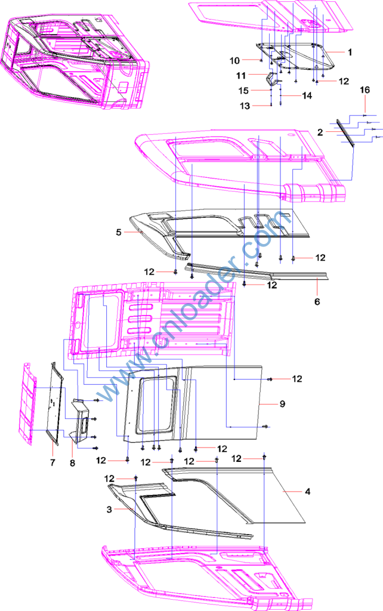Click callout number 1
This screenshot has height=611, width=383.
[350, 53]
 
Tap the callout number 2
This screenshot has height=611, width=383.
[320, 132]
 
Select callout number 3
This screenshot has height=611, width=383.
[109, 510]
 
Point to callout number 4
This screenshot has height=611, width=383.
[308, 492]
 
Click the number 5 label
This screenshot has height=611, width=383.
[119, 232]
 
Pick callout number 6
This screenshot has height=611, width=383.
[317, 301]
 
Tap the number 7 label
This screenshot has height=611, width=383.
[52, 462]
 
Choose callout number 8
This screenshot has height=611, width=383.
[72, 463]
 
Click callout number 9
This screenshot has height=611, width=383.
[282, 404]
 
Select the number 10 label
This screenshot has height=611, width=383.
[234, 60]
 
